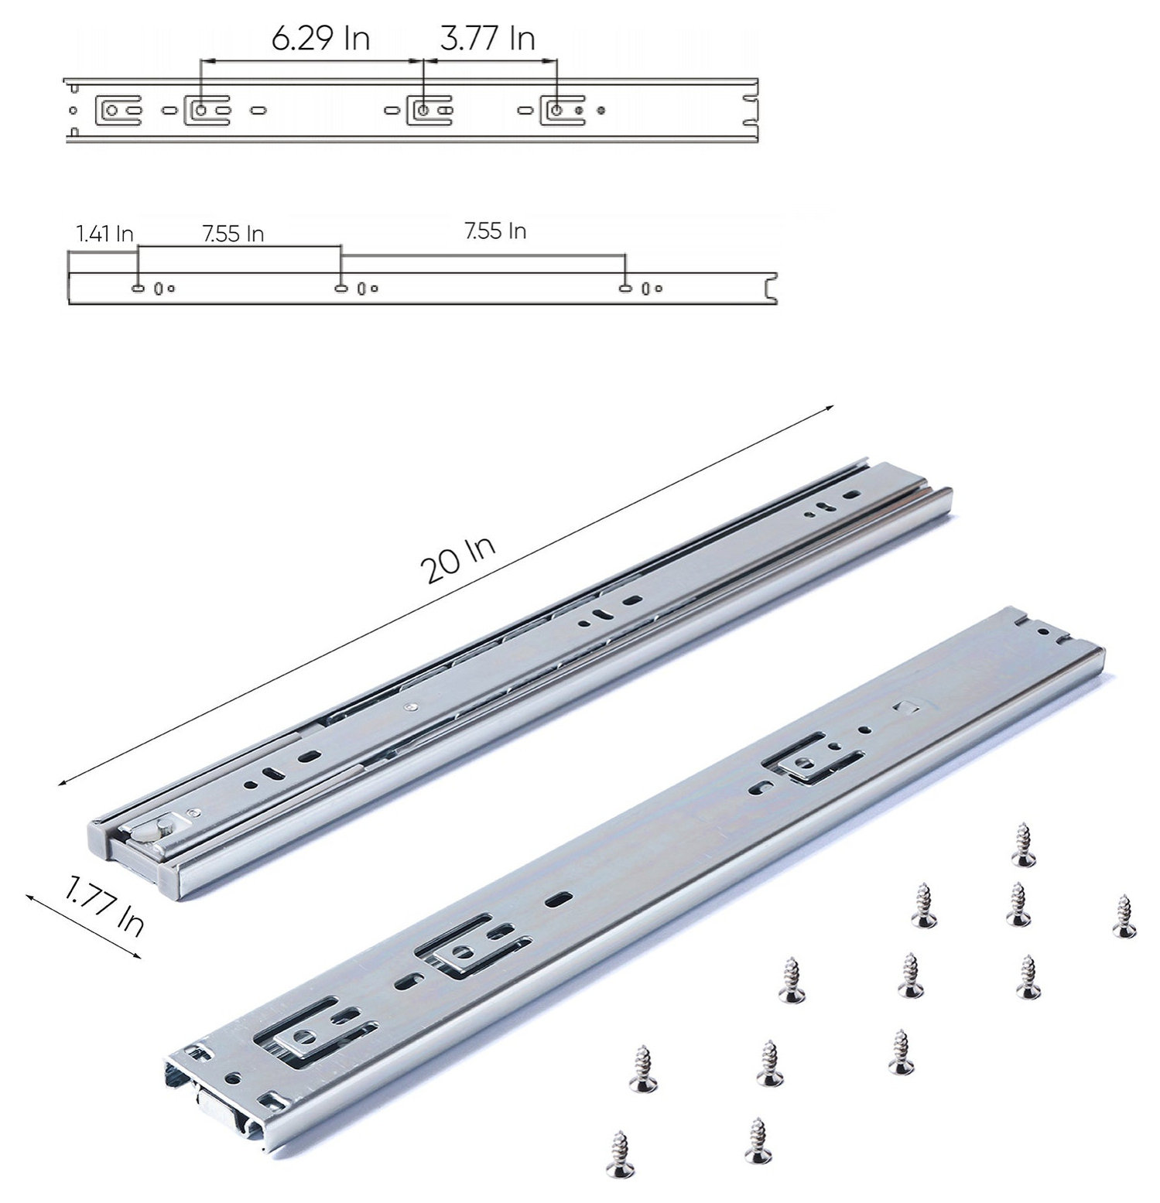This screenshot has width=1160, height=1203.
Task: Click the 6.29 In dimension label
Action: tap(320, 39)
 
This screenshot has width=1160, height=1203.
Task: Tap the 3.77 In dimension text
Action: tap(488, 39)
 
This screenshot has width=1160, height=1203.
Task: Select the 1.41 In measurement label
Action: tap(104, 234)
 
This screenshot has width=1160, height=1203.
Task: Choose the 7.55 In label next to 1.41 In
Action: tap(233, 234)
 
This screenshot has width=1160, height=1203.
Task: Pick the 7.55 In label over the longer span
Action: tap(495, 231)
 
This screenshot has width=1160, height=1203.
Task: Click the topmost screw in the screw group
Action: tap(1024, 845)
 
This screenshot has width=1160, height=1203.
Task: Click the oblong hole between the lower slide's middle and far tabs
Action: tap(559, 899)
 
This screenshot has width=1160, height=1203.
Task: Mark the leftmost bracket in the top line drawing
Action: tap(116, 111)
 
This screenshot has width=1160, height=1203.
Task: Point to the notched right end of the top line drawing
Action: tap(748, 111)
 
